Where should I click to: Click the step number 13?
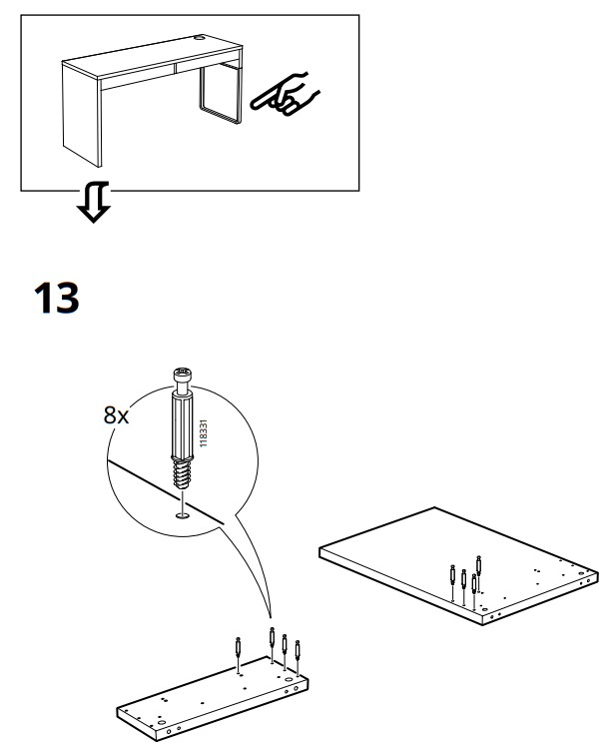tap(57, 299)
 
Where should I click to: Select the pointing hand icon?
tap(284, 96)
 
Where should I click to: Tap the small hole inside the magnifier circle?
tap(182, 515)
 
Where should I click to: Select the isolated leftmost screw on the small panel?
tap(238, 648)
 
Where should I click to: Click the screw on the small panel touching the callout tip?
tap(272, 640)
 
